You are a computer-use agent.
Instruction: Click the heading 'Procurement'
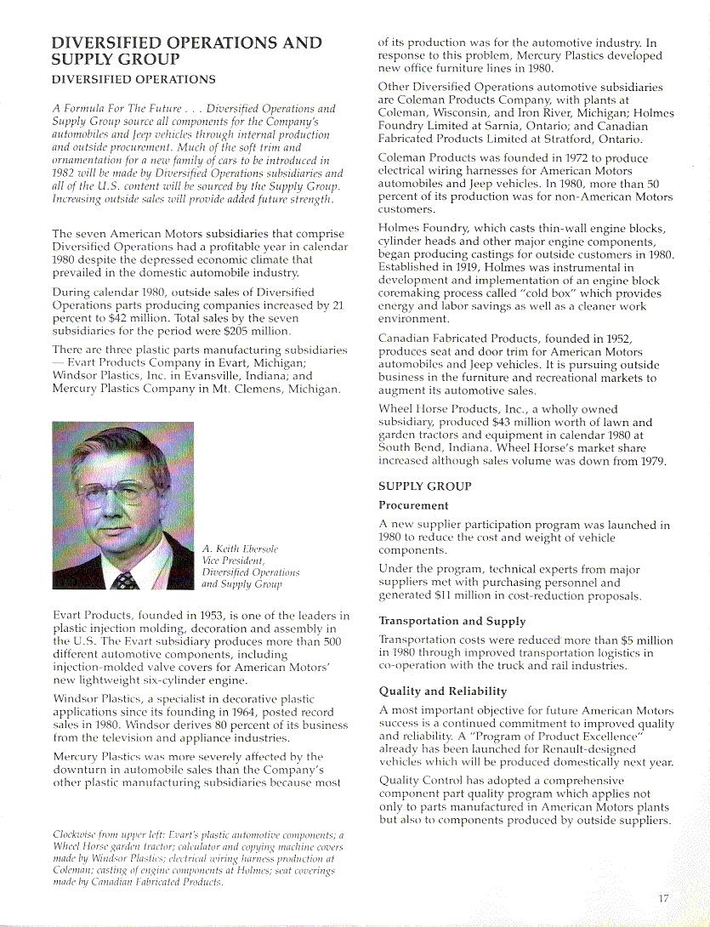click(413, 505)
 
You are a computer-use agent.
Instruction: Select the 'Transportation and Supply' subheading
click(452, 621)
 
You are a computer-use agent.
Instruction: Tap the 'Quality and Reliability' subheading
click(442, 691)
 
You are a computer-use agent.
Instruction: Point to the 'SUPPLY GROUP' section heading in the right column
click(424, 486)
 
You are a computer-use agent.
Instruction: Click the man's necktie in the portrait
click(125, 581)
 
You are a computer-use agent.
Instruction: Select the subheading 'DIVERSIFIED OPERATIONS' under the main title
click(133, 80)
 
